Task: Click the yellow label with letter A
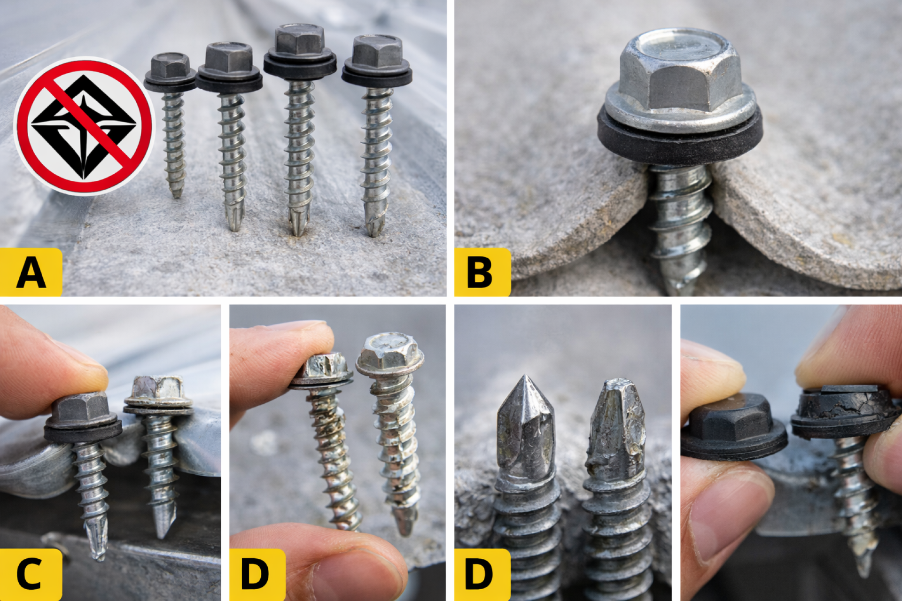pyautogui.click(x=31, y=272)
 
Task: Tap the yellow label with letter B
pyautogui.click(x=482, y=272)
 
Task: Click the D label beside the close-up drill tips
pyautogui.click(x=482, y=574)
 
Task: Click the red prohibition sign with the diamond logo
pyautogui.click(x=84, y=126)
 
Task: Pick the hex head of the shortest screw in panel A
pyautogui.click(x=170, y=66)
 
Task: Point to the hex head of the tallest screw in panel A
pyautogui.click(x=300, y=39)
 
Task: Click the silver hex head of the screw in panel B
pyautogui.click(x=680, y=70)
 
